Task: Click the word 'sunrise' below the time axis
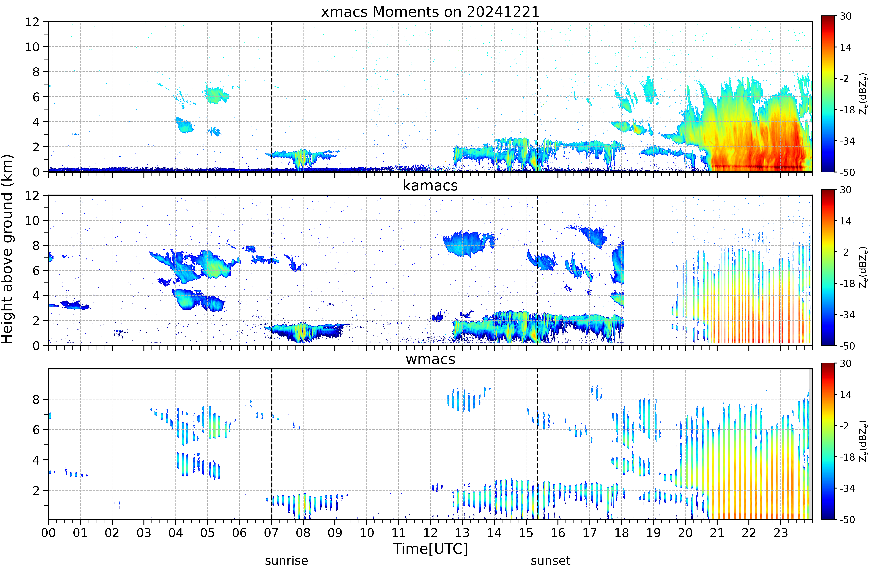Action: pos(286,560)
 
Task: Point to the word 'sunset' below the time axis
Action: pos(550,560)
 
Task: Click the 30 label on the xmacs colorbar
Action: pos(845,16)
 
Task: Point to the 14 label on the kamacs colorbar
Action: pos(845,221)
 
